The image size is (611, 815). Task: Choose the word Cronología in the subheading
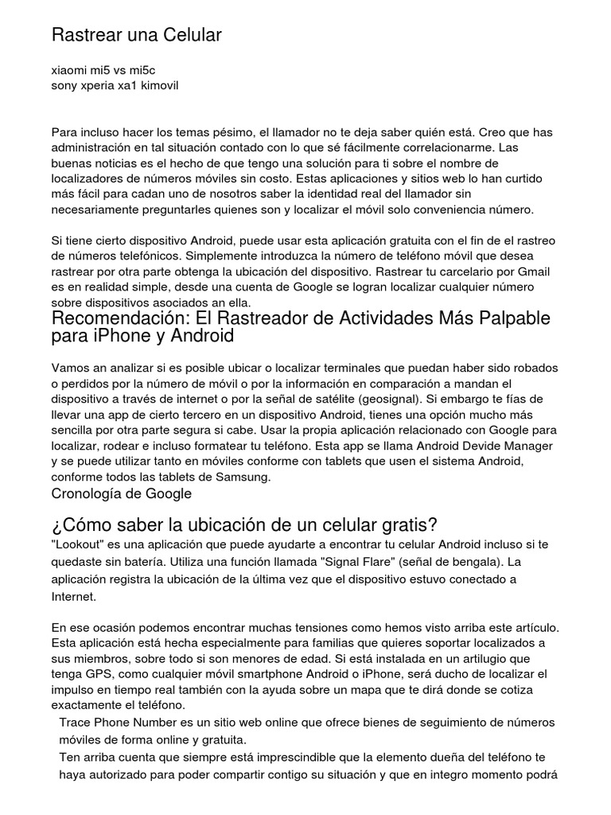coord(85,493)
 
